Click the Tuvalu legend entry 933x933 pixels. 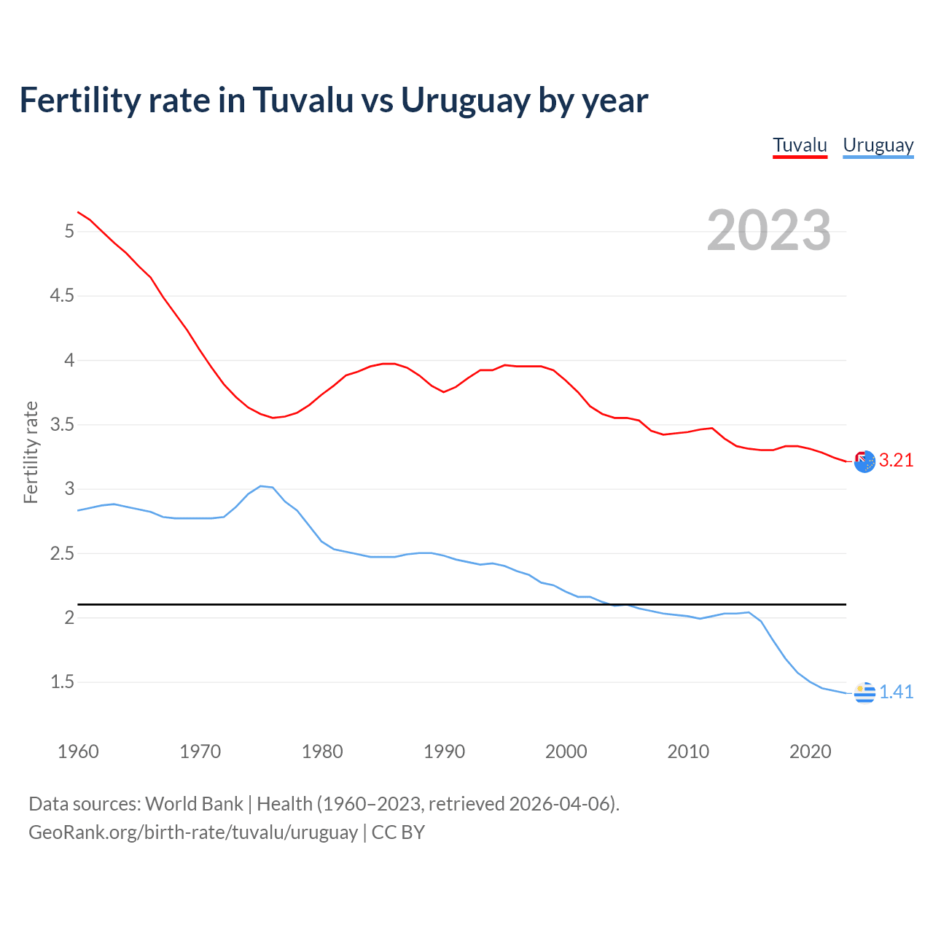(x=800, y=145)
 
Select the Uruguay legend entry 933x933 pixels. (x=878, y=145)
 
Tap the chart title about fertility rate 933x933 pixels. (x=333, y=100)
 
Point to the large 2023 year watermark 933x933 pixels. (x=768, y=230)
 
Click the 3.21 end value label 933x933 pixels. (x=896, y=460)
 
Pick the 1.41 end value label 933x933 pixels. (x=896, y=692)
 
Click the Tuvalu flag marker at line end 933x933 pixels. (x=864, y=461)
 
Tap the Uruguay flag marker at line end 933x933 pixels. (x=864, y=692)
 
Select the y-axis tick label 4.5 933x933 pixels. (x=62, y=295)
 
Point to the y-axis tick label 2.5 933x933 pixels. (x=62, y=553)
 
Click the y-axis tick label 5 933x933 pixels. (x=69, y=231)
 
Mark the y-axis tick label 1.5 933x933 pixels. (x=62, y=682)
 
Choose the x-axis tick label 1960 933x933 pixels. (x=78, y=752)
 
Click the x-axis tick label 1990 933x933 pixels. (x=444, y=752)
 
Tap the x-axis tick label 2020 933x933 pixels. (x=810, y=752)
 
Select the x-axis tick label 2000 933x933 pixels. (x=566, y=752)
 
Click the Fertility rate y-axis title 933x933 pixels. (x=31, y=452)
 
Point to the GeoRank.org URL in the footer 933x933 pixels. (x=193, y=832)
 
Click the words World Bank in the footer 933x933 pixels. (x=194, y=804)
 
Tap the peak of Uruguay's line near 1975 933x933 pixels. (x=261, y=486)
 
